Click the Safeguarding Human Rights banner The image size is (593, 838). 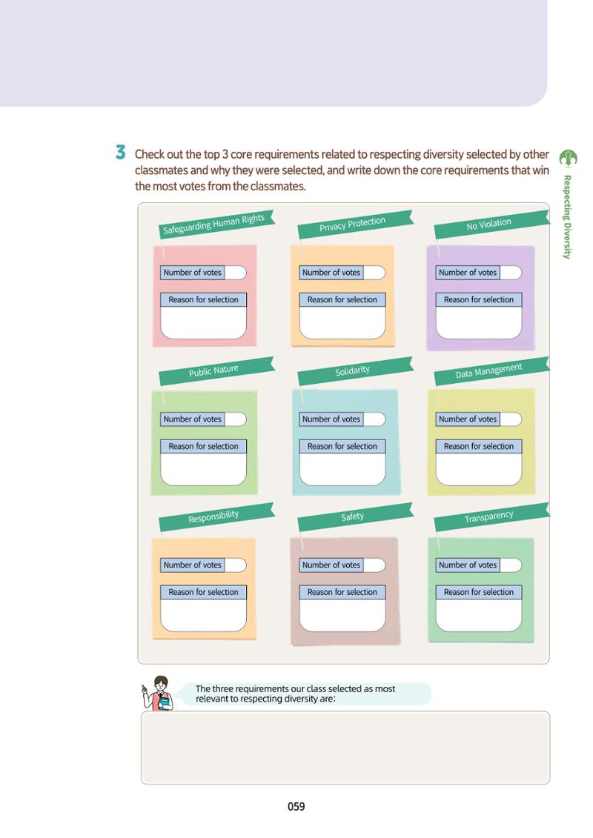(x=216, y=225)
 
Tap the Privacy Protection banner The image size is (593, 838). (x=355, y=225)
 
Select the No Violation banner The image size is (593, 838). (x=491, y=225)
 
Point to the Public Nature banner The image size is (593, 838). (x=216, y=371)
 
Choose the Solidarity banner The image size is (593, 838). (x=355, y=371)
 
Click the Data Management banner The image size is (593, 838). (x=491, y=371)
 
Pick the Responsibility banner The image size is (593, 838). (x=216, y=516)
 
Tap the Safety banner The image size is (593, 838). (x=355, y=516)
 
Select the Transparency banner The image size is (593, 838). (x=491, y=516)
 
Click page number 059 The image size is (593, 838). (x=296, y=806)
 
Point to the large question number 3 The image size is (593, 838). (x=121, y=153)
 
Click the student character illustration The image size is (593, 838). (x=159, y=694)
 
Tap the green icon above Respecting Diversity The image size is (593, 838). (x=568, y=159)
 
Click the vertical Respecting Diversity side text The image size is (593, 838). (x=567, y=217)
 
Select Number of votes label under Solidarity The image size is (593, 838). (x=331, y=419)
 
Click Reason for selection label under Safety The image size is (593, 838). (x=342, y=592)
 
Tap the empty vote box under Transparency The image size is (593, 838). (x=511, y=565)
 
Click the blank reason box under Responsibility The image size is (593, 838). (x=203, y=615)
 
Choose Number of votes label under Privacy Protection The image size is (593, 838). (x=331, y=273)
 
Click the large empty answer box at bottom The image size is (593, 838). (x=345, y=748)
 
